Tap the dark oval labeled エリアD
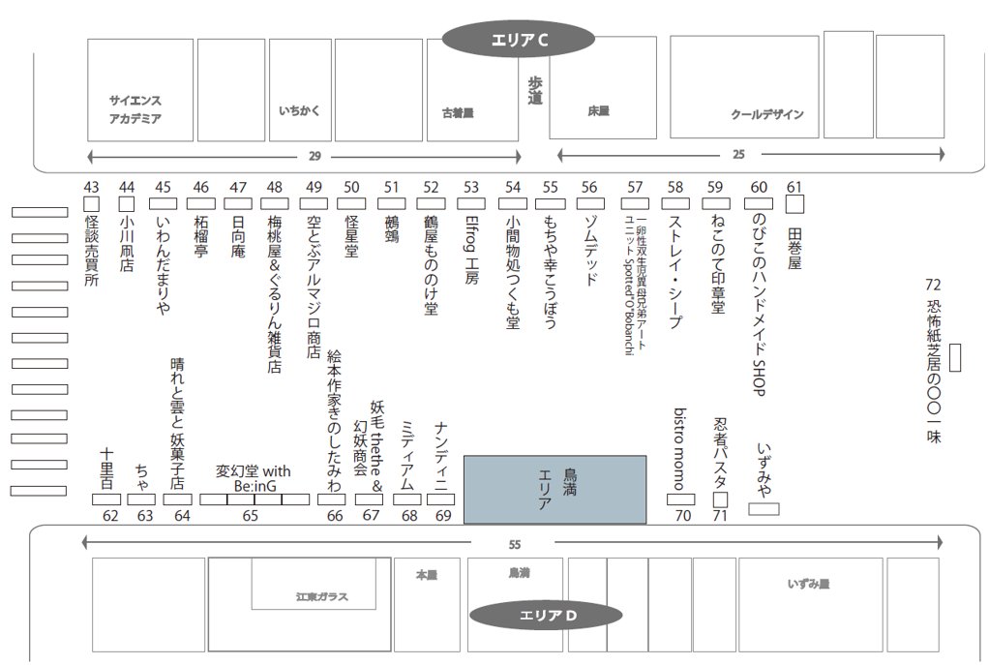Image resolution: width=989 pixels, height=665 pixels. [x=547, y=615]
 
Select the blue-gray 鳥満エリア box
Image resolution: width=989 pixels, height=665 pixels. [x=554, y=489]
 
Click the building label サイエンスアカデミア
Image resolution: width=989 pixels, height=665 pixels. [x=135, y=109]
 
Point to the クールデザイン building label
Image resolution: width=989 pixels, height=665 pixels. [x=766, y=114]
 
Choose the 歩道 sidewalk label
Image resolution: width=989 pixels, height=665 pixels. [x=535, y=91]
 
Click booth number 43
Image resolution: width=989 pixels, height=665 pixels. [x=92, y=187]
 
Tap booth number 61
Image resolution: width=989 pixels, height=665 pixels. [x=794, y=187]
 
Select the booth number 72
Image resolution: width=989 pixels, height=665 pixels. [x=933, y=285]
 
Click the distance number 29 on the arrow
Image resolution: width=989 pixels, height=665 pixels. [x=314, y=156]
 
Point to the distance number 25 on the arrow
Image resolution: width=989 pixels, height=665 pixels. [x=738, y=154]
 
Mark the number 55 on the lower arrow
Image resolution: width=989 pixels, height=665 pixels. [x=514, y=544]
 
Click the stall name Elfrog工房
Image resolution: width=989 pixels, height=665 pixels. [x=471, y=250]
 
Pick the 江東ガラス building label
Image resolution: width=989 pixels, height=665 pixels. [x=321, y=597]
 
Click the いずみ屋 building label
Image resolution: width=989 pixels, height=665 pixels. [x=808, y=584]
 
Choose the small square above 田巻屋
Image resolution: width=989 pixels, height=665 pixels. [x=794, y=204]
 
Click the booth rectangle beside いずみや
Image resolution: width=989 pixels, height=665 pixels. [x=764, y=508]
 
